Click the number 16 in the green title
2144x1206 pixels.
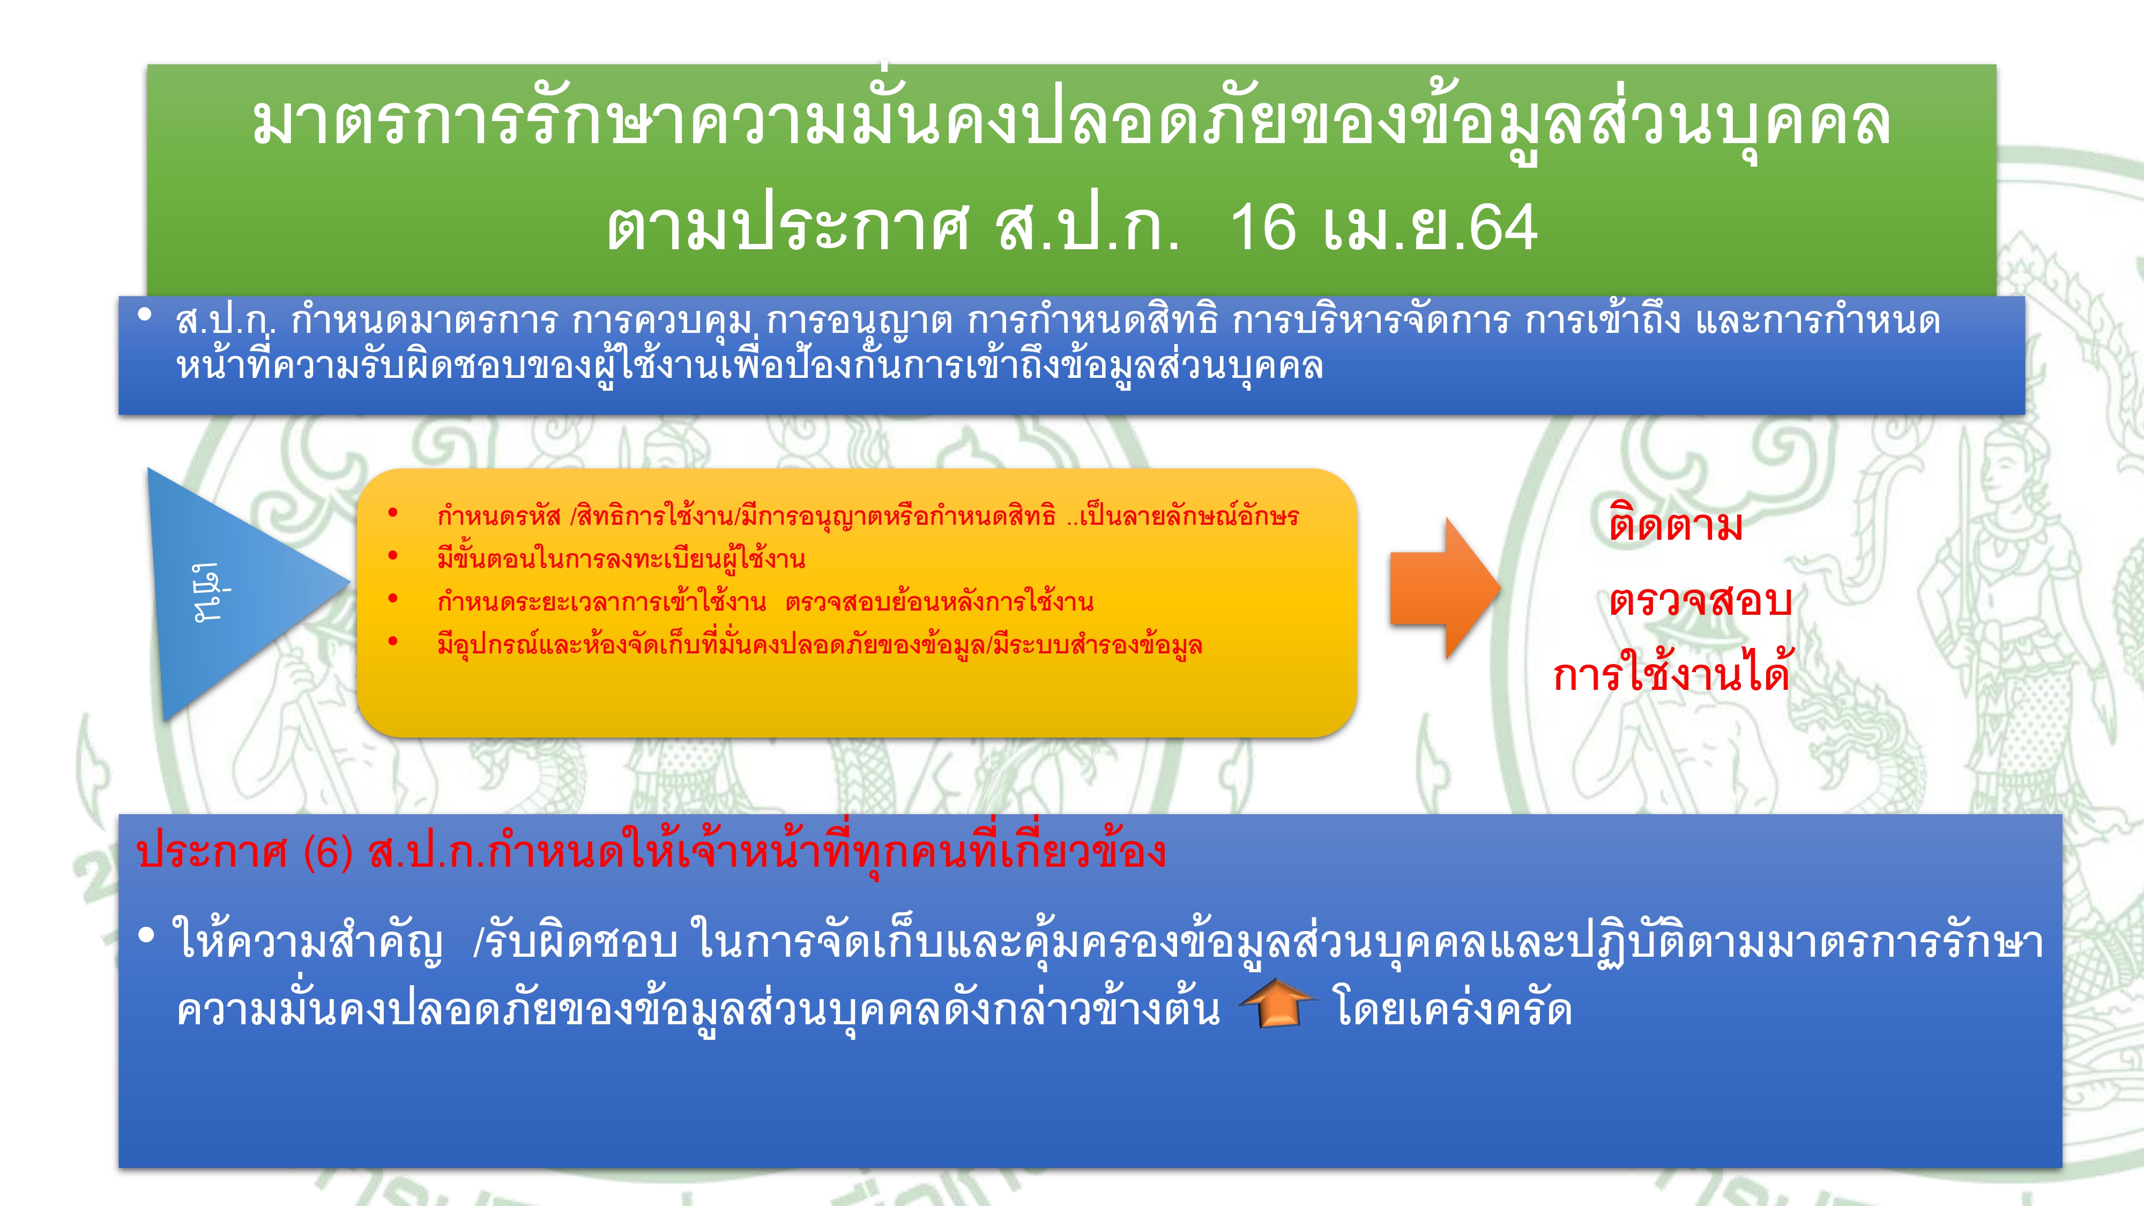1263,227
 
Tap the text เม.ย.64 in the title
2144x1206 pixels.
1430,227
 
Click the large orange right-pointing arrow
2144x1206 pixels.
1446,589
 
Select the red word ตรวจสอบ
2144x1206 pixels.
1700,599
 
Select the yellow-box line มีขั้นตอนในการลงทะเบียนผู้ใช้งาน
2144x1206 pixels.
621,557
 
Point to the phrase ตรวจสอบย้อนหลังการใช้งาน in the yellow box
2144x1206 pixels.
939,601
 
